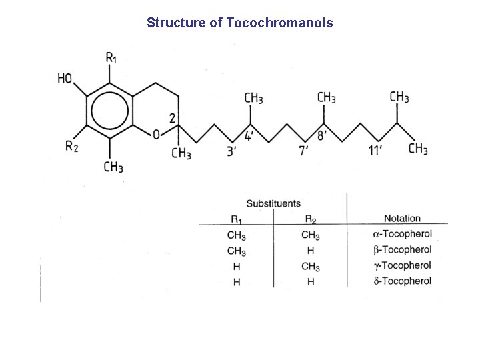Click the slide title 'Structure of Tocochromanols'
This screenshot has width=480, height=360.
coord(240,23)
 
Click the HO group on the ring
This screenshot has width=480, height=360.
coord(65,79)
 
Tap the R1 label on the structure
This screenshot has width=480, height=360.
coord(111,57)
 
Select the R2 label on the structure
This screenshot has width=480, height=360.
coord(71,147)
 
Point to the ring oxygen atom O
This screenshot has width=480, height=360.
coord(156,135)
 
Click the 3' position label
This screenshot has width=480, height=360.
coord(231,151)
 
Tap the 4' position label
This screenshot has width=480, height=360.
coord(248,136)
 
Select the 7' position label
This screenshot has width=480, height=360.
coord(303,151)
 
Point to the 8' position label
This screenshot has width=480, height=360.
coord(321,136)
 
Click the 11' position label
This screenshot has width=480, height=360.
coord(375,151)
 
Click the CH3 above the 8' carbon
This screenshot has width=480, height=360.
coord(326,98)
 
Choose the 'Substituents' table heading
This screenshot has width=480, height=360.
coord(273,203)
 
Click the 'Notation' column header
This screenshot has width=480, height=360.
coord(402,218)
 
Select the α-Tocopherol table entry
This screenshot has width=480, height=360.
coord(402,234)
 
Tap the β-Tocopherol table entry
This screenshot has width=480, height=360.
coord(402,250)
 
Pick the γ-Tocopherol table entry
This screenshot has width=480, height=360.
coord(402,265)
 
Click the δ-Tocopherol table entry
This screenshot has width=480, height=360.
coord(402,281)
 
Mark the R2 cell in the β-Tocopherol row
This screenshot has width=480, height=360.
coord(310,251)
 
